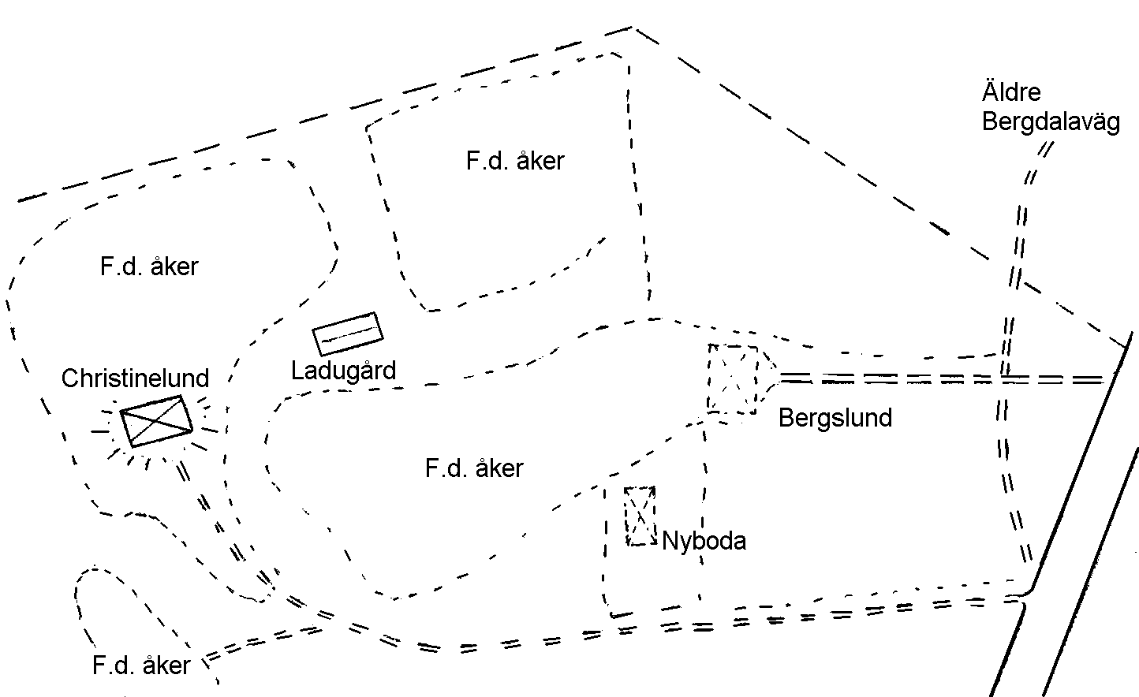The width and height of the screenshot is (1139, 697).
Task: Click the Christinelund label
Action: (135, 378)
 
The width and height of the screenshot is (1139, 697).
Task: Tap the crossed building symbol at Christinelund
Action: (157, 421)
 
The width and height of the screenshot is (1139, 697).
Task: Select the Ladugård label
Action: (343, 371)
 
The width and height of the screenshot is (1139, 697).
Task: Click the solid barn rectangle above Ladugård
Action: (348, 334)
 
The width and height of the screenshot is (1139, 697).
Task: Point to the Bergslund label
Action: (835, 418)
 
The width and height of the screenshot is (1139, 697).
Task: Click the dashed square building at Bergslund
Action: (733, 379)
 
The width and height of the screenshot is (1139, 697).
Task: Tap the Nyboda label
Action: (704, 540)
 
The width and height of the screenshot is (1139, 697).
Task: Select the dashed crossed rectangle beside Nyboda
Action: (640, 516)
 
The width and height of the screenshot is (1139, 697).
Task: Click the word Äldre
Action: (1011, 91)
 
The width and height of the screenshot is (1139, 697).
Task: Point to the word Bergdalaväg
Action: (1051, 122)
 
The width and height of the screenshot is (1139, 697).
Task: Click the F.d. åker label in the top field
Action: (515, 161)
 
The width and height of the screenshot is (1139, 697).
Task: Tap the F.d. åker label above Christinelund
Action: (149, 266)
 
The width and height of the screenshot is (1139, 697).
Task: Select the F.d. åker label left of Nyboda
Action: (474, 468)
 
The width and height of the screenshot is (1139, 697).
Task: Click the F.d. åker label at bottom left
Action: (141, 665)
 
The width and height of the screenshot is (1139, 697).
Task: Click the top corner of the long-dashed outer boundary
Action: (632, 28)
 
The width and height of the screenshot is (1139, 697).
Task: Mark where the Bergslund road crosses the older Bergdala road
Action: (1004, 378)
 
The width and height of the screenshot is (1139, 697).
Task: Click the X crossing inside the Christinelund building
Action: (157, 421)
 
